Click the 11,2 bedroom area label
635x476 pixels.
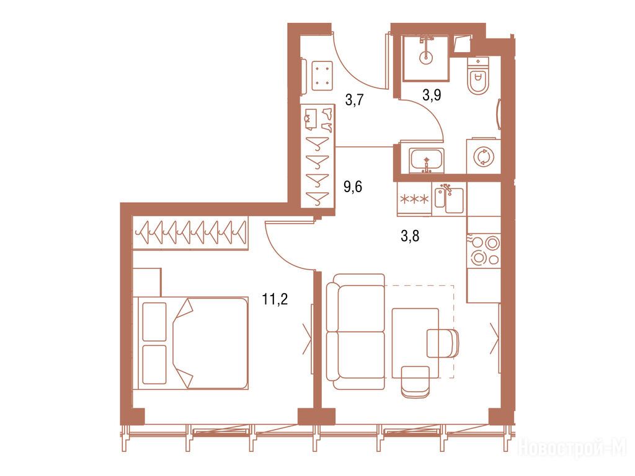[275, 300]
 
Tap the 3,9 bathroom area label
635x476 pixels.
[432, 95]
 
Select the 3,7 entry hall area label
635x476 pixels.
[354, 100]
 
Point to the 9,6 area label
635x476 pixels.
[353, 187]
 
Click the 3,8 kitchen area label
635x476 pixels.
[410, 236]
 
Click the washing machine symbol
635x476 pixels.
[484, 157]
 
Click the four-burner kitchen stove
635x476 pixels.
[484, 250]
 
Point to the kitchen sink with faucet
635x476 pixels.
[449, 199]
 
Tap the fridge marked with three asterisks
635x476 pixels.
[415, 199]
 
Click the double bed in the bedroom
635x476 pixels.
[191, 343]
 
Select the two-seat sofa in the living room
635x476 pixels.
[356, 332]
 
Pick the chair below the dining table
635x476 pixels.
[415, 381]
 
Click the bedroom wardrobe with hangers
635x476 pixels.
[190, 233]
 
